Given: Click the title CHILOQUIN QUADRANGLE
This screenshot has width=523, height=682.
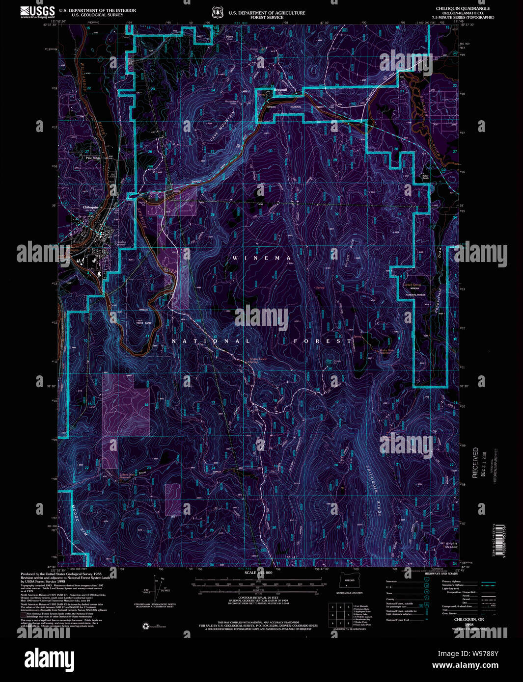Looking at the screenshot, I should coord(463,9).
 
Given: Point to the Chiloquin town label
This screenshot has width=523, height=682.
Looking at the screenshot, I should coord(91,208).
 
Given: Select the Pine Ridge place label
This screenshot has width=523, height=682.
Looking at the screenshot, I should coord(93,158).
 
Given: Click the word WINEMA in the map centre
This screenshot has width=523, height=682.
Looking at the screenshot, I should coord(262,258).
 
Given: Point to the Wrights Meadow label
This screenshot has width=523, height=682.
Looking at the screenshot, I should coord(451,545).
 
